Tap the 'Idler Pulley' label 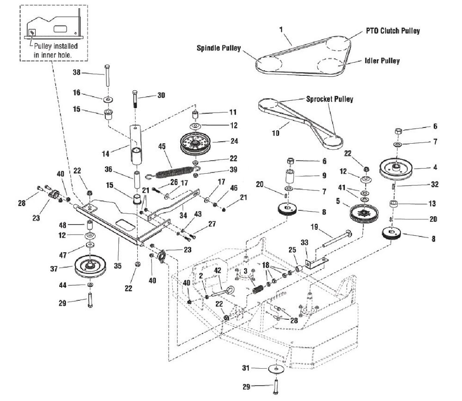[382, 61]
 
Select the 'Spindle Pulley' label [219, 48]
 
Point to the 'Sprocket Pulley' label [329, 99]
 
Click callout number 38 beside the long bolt [77, 72]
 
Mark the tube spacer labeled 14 [136, 147]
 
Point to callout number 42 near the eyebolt [217, 270]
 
